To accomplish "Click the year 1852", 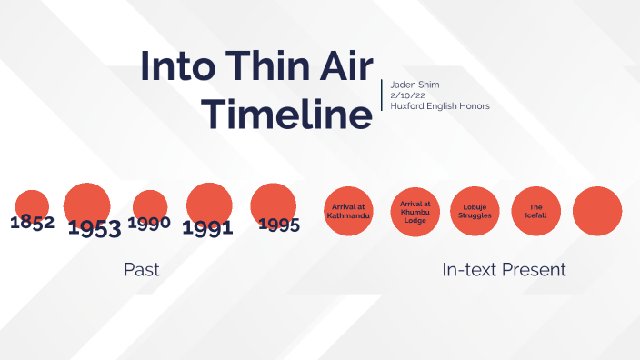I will (x=33, y=222).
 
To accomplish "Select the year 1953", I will (x=95, y=227).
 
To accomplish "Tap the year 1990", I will (x=150, y=223).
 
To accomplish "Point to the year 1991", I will (x=207, y=228).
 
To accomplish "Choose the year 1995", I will (x=278, y=225).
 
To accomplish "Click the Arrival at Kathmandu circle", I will (x=350, y=211).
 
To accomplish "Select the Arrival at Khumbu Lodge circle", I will (x=415, y=211).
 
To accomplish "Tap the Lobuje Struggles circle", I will (x=475, y=211).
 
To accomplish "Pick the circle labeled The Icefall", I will (x=536, y=211).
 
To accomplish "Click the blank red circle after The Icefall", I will (x=597, y=211).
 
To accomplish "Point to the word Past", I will (x=142, y=269).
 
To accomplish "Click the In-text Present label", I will (x=504, y=269).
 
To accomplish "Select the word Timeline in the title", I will (x=286, y=115).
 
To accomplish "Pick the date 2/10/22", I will (x=405, y=95).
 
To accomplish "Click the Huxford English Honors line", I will (x=440, y=106).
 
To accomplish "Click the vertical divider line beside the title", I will (x=382, y=95).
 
